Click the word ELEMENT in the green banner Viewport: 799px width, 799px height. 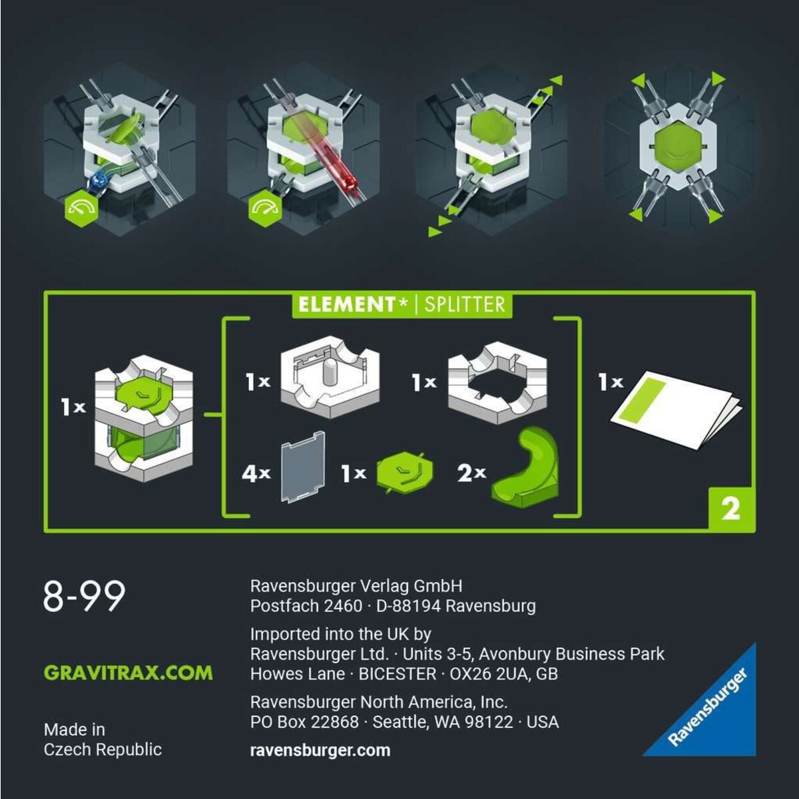(347, 305)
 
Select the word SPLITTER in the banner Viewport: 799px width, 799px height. (464, 305)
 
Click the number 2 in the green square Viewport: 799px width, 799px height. (730, 509)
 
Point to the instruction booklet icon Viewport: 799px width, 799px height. (676, 408)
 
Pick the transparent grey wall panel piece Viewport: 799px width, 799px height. (303, 466)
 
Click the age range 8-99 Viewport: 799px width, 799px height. (84, 596)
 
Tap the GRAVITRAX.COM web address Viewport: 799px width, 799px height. (129, 672)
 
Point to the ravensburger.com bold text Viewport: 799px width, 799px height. (320, 750)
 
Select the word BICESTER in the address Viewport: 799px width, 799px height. (397, 674)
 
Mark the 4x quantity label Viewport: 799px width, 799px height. (256, 473)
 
